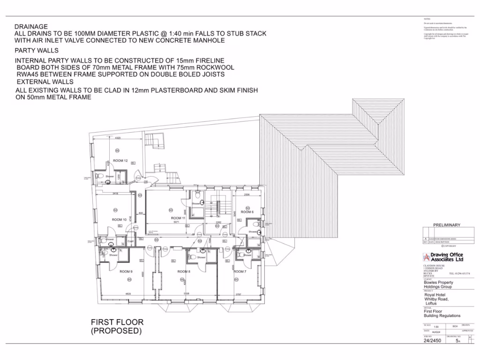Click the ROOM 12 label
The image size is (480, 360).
120,161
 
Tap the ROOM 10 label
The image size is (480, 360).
119,219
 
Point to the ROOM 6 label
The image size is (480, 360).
247,212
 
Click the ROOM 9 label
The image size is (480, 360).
126,272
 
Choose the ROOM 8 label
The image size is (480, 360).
183,271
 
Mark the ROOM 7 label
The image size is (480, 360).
240,271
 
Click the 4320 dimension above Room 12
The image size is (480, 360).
118,138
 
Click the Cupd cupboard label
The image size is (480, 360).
130,241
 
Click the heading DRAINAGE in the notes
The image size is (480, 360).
31,27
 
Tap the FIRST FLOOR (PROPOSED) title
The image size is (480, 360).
117,326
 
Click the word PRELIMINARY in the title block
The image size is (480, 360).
446,225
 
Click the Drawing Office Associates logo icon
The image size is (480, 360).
426,257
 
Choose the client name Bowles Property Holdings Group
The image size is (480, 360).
438,285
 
